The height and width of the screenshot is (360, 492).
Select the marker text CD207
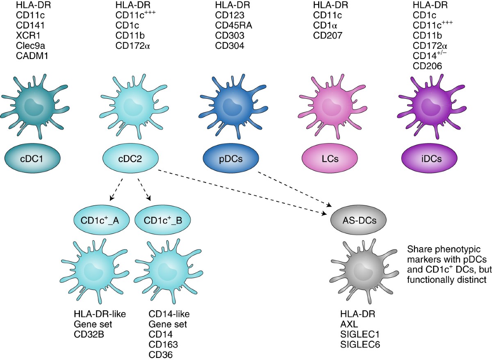coord(327,36)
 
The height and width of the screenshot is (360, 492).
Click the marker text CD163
coord(163,344)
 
